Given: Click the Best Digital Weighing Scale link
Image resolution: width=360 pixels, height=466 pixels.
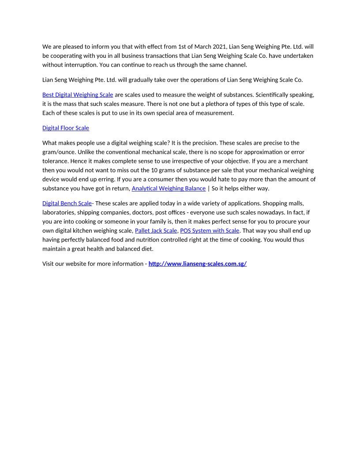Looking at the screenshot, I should (x=78, y=95).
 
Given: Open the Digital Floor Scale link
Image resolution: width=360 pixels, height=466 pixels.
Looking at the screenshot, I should (x=66, y=128).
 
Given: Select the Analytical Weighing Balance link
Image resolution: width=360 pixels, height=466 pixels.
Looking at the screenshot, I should (x=169, y=188).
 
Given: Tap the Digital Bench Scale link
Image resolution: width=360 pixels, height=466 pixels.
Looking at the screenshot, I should (x=67, y=203).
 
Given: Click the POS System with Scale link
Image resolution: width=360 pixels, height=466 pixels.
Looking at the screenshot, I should (x=210, y=231).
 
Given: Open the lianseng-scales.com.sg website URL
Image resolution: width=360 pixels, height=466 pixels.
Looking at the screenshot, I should (x=197, y=264).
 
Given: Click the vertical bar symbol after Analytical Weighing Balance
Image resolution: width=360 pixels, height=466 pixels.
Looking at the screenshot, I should (x=209, y=188).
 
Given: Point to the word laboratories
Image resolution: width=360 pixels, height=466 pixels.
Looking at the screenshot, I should (x=59, y=213).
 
